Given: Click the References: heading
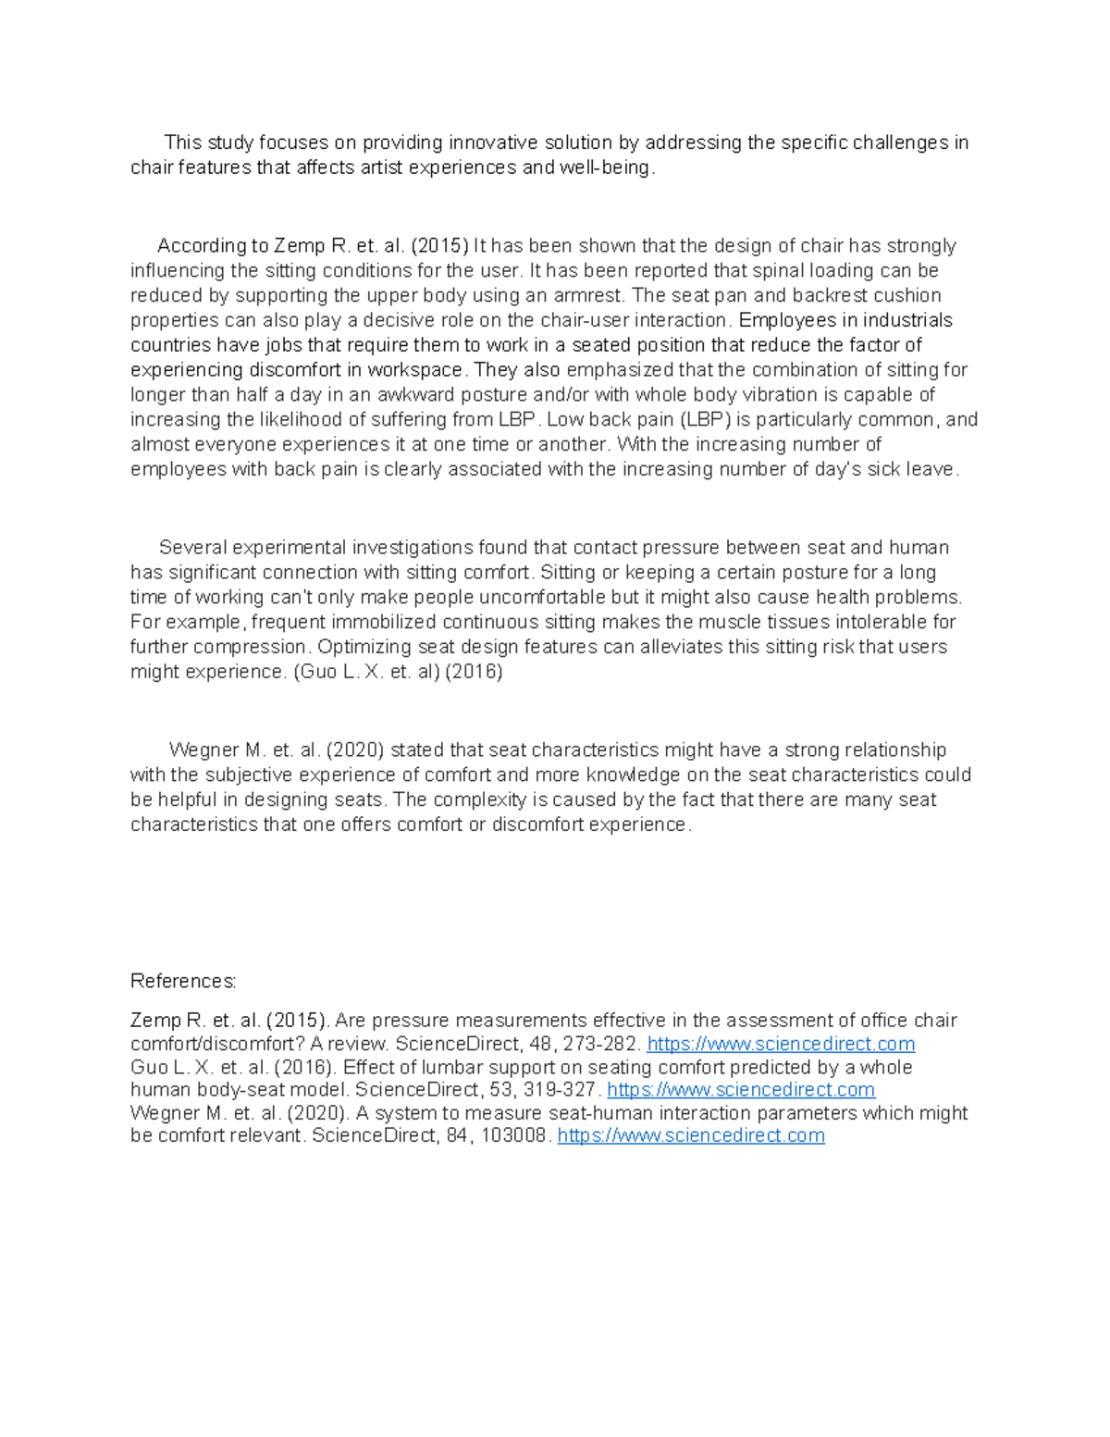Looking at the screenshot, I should [183, 981].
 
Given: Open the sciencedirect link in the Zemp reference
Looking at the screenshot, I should [781, 1045].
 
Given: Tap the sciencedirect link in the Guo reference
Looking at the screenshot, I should [740, 1090].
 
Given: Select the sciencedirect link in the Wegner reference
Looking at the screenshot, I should [691, 1135].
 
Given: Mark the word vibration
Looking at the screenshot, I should [784, 395].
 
